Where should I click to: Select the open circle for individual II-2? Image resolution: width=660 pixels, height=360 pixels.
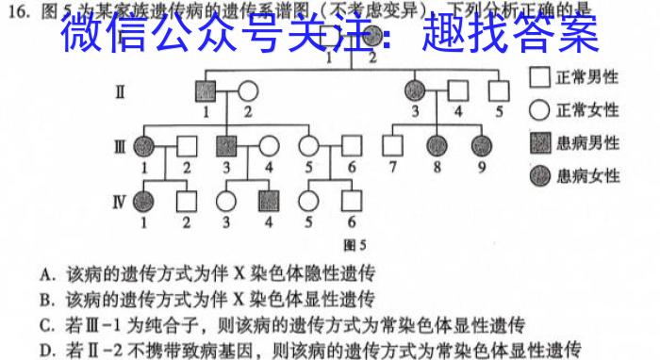[x=248, y=91]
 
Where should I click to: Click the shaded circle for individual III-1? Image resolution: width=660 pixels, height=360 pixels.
[x=144, y=146]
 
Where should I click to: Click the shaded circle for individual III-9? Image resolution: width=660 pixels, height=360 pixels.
[x=482, y=146]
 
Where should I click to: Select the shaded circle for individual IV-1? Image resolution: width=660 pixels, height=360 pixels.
[x=144, y=200]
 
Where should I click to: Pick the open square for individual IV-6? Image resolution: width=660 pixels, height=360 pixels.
[x=352, y=200]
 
